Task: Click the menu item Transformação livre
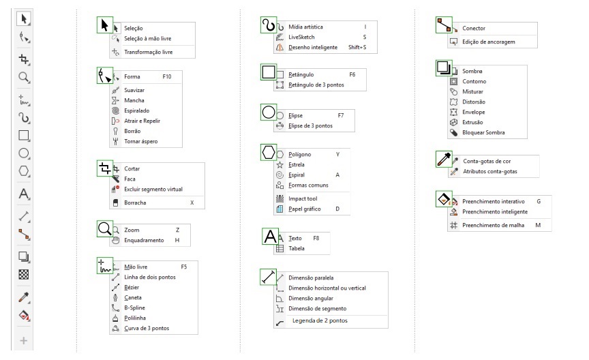(x=149, y=52)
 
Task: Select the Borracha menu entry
(x=135, y=202)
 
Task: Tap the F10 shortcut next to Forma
(x=167, y=76)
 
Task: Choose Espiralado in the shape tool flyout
(x=137, y=110)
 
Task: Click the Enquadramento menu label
(x=144, y=240)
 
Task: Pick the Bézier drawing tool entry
(x=132, y=287)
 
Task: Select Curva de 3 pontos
(x=147, y=328)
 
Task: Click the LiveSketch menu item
(x=301, y=37)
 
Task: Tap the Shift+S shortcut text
(x=357, y=47)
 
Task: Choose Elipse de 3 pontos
(x=310, y=125)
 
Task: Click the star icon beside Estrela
(x=280, y=164)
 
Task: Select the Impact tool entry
(x=303, y=198)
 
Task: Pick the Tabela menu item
(x=297, y=248)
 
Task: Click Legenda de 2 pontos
(x=320, y=320)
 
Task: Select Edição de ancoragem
(x=488, y=42)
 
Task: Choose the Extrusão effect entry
(x=472, y=122)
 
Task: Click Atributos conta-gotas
(x=490, y=171)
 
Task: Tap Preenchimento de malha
(x=493, y=225)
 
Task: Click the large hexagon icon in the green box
(x=269, y=153)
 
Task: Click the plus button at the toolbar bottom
(x=23, y=340)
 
